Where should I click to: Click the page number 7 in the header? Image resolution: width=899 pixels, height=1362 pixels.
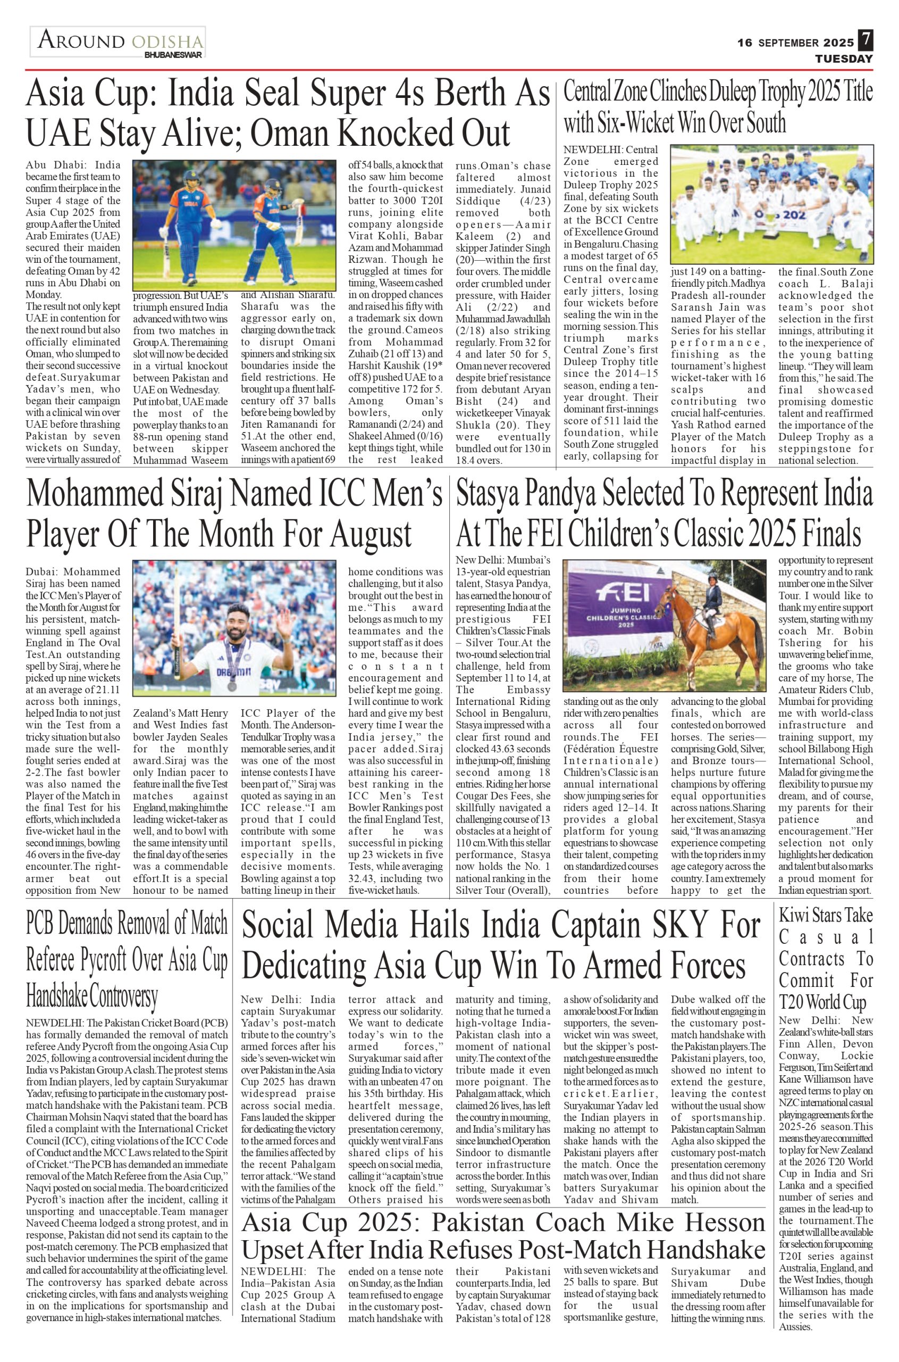point(865,41)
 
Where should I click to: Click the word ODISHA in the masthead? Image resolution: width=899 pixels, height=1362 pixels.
point(167,42)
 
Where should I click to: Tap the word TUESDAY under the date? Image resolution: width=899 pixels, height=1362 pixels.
point(844,59)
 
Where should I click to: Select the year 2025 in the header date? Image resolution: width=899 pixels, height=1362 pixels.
point(839,43)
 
